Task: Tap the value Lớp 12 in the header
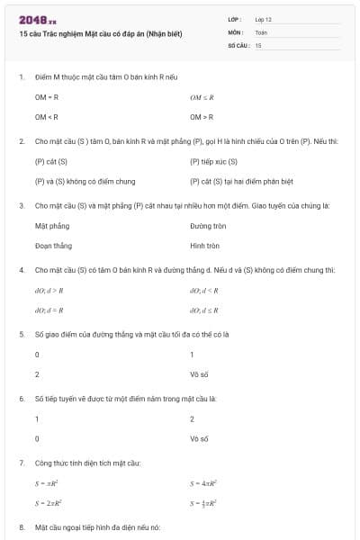(263, 19)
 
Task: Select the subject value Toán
(261, 31)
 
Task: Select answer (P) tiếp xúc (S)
(213, 162)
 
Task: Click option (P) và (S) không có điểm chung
(75, 182)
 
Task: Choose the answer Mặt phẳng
(51, 226)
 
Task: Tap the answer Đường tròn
(207, 226)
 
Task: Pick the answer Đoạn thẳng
(53, 246)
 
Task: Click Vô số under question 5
(199, 373)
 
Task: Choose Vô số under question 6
(199, 438)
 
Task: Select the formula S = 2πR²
(49, 503)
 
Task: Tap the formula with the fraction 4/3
(205, 503)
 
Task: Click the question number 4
(21, 270)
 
